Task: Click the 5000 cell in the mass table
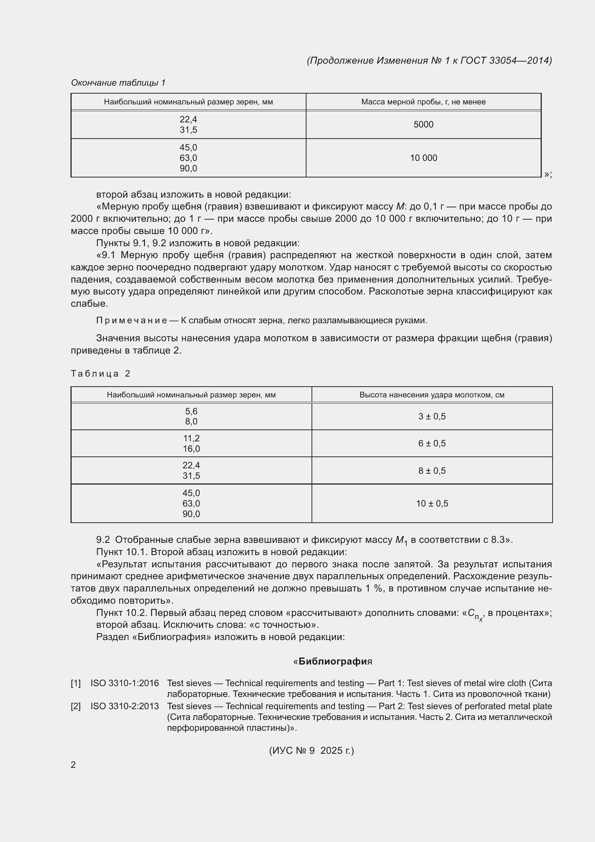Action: click(x=423, y=124)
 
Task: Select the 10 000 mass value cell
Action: click(x=423, y=158)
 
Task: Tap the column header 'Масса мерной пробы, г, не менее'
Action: click(x=423, y=102)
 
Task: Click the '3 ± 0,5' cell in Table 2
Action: click(x=432, y=416)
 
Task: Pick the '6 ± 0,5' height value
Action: click(x=432, y=443)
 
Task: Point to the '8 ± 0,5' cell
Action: click(x=432, y=470)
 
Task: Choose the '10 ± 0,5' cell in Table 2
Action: click(x=432, y=504)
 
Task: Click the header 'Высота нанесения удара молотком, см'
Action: click(x=432, y=395)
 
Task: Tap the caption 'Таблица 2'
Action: click(x=100, y=374)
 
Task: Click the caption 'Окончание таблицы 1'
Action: click(x=118, y=83)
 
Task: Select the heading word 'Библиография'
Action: click(x=333, y=662)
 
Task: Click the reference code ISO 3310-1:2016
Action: click(x=124, y=683)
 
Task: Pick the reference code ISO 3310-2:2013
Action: click(x=124, y=706)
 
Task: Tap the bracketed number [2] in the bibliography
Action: click(x=76, y=706)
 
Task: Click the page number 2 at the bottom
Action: click(x=73, y=765)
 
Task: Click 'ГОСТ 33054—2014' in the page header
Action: click(x=505, y=60)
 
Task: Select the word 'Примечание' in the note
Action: click(x=131, y=320)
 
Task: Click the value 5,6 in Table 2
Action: click(x=191, y=411)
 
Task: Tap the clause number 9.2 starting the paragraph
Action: click(x=103, y=540)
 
